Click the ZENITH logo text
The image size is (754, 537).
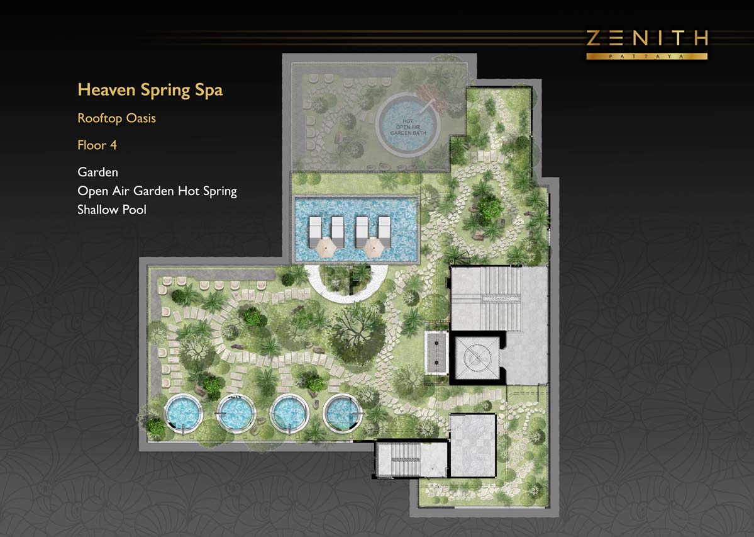(646, 38)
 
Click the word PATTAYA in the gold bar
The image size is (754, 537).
(646, 56)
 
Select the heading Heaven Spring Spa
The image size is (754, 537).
(150, 90)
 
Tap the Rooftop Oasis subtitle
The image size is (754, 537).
(116, 118)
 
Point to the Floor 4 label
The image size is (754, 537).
(97, 145)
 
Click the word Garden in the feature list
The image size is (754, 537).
(97, 172)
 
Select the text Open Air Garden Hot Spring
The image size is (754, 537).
(157, 191)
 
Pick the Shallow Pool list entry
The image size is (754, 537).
(111, 210)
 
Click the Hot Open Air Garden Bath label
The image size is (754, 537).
(407, 127)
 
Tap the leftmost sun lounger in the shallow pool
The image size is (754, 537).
(315, 232)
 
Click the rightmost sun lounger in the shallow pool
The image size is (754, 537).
(384, 232)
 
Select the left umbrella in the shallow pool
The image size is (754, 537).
(326, 247)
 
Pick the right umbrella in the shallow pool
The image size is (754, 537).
(373, 247)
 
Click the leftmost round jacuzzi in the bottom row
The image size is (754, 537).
(183, 413)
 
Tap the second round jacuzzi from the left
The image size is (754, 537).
(236, 413)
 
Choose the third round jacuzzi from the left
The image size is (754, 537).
(289, 413)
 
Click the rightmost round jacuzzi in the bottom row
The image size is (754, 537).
(342, 413)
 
